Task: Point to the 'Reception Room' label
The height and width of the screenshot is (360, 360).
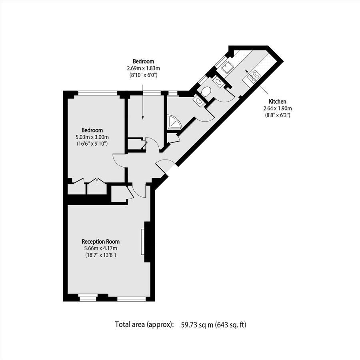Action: pyautogui.click(x=100, y=242)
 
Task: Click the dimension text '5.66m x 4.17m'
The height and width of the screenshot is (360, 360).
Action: pyautogui.click(x=100, y=248)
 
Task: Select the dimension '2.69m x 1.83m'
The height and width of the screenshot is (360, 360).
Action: pyautogui.click(x=143, y=68)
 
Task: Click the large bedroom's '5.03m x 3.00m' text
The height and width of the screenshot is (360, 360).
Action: pyautogui.click(x=92, y=137)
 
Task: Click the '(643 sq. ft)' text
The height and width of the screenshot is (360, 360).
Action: pyautogui.click(x=232, y=324)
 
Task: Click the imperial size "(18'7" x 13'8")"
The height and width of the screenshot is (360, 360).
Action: pyautogui.click(x=100, y=255)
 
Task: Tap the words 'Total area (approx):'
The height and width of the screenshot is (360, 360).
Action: pyautogui.click(x=144, y=324)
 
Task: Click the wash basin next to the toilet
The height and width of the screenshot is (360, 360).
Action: pyautogui.click(x=218, y=82)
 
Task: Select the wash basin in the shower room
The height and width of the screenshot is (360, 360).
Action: pyautogui.click(x=198, y=101)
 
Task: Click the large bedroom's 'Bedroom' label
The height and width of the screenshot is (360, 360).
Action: pyautogui.click(x=92, y=130)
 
